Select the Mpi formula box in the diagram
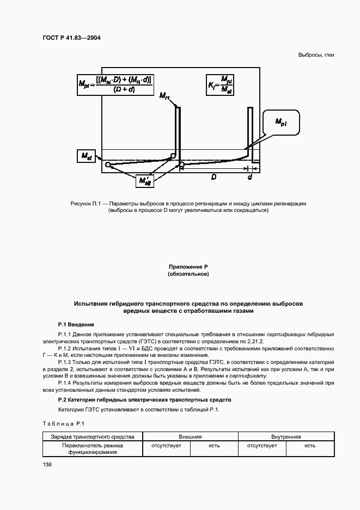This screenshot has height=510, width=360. [x=115, y=84]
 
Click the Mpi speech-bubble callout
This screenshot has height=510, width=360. [x=281, y=123]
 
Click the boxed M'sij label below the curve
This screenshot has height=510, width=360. [x=145, y=180]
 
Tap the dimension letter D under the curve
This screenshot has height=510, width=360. [x=214, y=177]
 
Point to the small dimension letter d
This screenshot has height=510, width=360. [x=249, y=177]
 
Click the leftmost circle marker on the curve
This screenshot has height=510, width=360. [x=108, y=165]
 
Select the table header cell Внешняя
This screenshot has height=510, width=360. [x=190, y=437]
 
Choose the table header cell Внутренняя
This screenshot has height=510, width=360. [x=286, y=437]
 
